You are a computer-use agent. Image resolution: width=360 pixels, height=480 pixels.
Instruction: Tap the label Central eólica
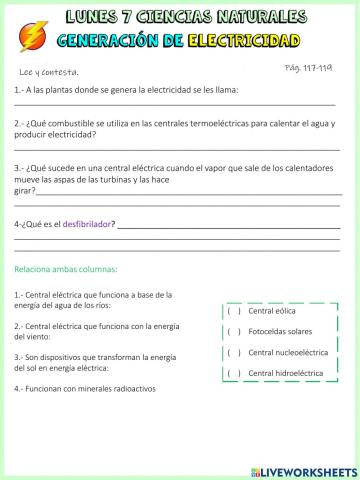(274, 310)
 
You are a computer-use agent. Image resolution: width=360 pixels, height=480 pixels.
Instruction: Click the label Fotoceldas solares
(283, 331)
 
